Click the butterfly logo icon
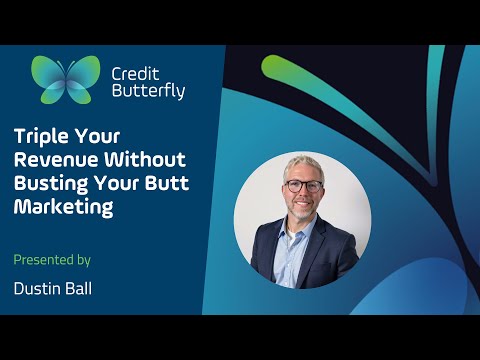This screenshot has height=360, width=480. pos(66,80)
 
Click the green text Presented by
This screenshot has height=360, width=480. pos(52,260)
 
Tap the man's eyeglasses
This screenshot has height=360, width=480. pos(303,186)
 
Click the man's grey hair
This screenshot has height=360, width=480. pos(302,161)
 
